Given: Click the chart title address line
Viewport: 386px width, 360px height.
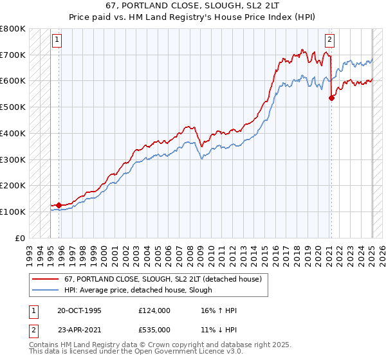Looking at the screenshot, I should click(x=192, y=6).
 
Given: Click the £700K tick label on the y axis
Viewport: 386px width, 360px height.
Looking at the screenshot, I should click(x=13, y=55).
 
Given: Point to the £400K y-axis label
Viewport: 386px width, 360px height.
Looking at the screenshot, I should click(x=13, y=133).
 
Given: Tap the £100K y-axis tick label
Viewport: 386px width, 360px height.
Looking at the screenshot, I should click(x=13, y=212).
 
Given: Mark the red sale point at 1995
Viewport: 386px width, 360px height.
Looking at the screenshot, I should click(x=59, y=205).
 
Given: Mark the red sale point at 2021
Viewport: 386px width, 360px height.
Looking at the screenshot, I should click(x=331, y=98).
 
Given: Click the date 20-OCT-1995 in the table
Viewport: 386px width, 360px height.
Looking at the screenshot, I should click(x=79, y=310).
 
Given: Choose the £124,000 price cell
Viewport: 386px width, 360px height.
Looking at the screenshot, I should click(x=154, y=310).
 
